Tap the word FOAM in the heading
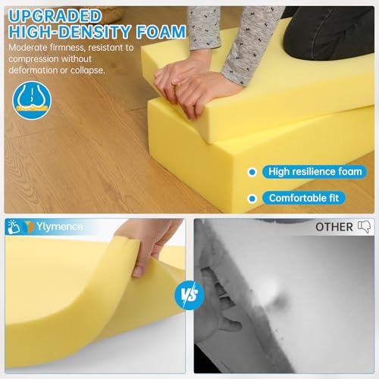(x=160, y=32)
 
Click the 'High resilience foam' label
(x=315, y=171)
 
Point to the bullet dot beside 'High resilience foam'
(x=252, y=171)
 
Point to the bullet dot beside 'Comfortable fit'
(x=252, y=199)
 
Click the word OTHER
(x=334, y=227)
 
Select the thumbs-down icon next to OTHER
(x=363, y=227)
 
